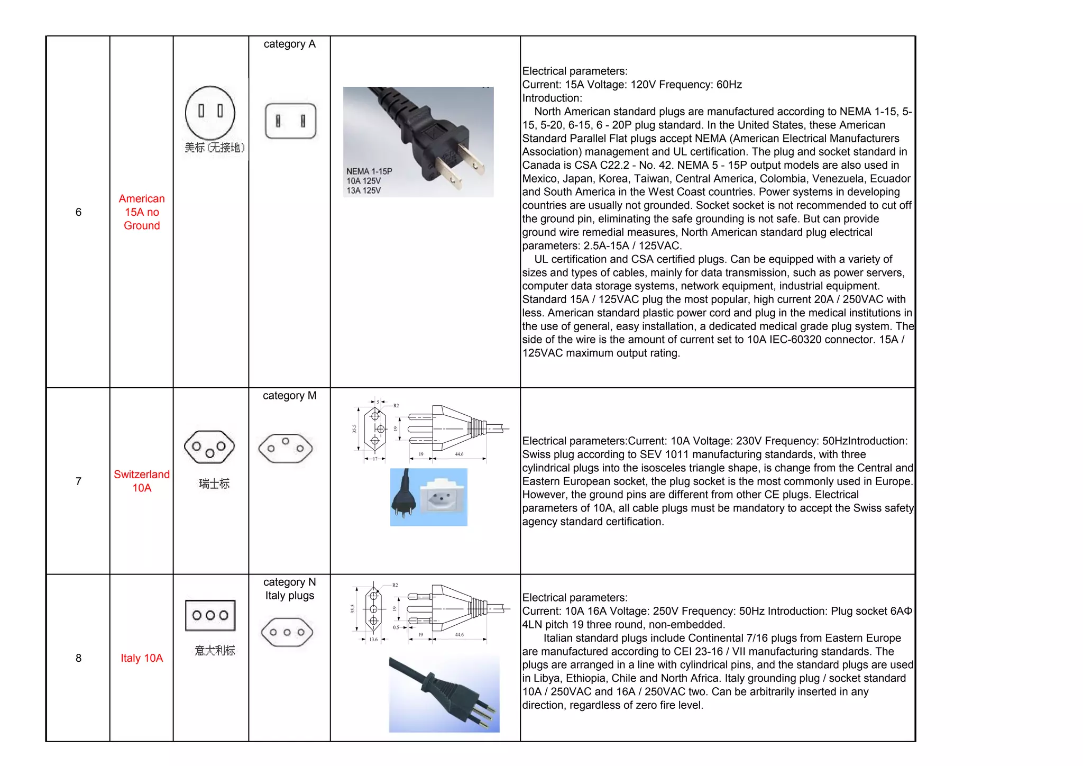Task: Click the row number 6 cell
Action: tap(78, 212)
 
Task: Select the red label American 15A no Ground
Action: tap(142, 212)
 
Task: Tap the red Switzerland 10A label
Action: tap(142, 481)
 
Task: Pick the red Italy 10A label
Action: tap(142, 658)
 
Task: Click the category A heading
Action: tap(289, 44)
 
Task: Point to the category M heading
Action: tap(289, 396)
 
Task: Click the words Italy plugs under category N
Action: tap(289, 596)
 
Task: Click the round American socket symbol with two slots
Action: tap(210, 112)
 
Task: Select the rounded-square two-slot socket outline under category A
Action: tap(290, 121)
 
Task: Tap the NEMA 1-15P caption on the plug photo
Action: tap(369, 171)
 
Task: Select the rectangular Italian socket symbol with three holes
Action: tap(210, 615)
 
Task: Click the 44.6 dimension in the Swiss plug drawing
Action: tap(459, 454)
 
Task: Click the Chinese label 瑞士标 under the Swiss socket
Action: tap(214, 484)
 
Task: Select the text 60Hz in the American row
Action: tap(729, 85)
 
